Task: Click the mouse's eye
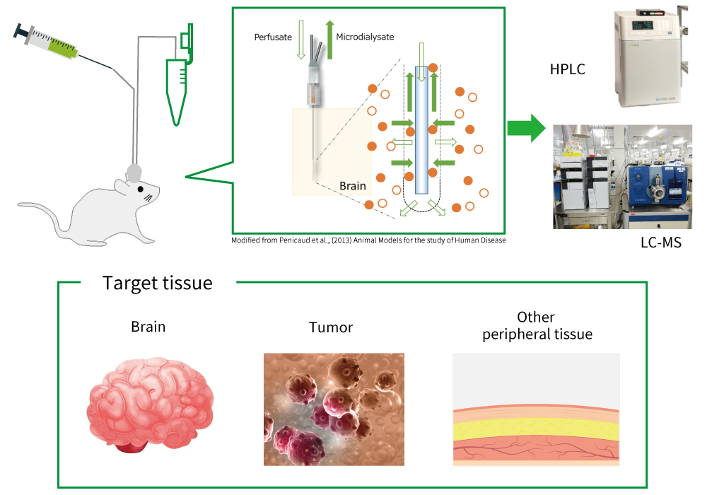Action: (x=141, y=189)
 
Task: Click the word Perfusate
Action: (x=272, y=36)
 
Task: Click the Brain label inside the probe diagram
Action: (x=353, y=186)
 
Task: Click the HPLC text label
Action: (x=567, y=69)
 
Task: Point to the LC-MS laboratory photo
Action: (x=623, y=177)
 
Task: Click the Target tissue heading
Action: (x=157, y=284)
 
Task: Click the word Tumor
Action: (x=330, y=327)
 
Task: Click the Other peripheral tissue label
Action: (x=537, y=325)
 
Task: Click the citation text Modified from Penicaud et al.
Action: (x=368, y=240)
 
